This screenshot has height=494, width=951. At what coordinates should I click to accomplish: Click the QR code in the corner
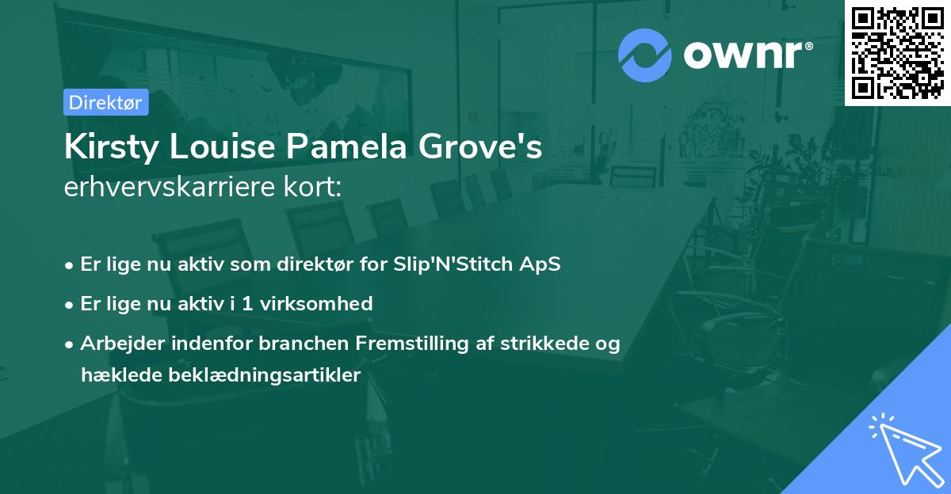[898, 53]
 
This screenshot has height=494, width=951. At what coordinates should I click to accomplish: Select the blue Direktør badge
[105, 102]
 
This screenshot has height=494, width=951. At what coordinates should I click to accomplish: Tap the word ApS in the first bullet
[541, 264]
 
